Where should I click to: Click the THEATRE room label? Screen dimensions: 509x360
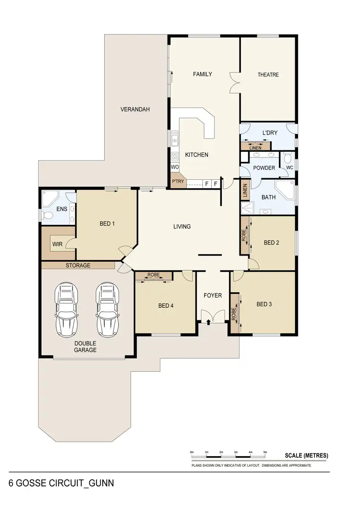coord(268,74)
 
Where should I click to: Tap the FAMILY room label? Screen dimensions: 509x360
coord(202,74)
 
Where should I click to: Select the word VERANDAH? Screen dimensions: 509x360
coord(135,109)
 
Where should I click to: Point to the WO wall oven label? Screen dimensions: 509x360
coord(175,167)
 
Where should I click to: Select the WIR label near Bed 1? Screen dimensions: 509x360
coord(57,244)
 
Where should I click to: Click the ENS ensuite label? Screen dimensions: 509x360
coord(61,209)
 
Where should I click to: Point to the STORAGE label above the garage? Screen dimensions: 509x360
coord(78,266)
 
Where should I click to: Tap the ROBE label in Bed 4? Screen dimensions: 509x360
coord(154,275)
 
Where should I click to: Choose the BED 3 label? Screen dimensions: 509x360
coord(264,304)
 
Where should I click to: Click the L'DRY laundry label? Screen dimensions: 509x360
coord(267,133)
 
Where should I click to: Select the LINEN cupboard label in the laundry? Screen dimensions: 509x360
coord(256,147)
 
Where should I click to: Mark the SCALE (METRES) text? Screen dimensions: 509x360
coord(306,456)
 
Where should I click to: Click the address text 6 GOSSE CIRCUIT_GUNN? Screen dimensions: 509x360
coord(61,483)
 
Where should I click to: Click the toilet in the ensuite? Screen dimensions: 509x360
coord(48,216)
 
